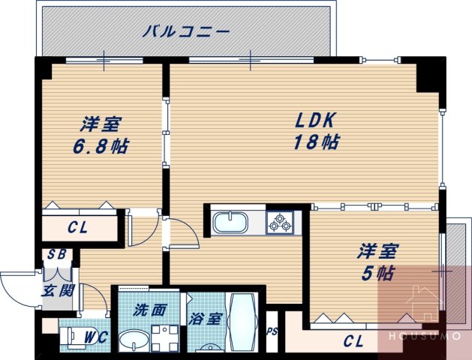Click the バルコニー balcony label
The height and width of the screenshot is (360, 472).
[x=185, y=31]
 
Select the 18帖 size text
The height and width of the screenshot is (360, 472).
[x=314, y=142]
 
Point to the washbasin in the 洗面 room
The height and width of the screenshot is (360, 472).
[x=135, y=341]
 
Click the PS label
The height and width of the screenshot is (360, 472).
[x=272, y=329]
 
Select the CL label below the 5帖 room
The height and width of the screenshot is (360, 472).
[x=353, y=341]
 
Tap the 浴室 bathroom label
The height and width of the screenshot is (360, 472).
[x=205, y=318]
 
